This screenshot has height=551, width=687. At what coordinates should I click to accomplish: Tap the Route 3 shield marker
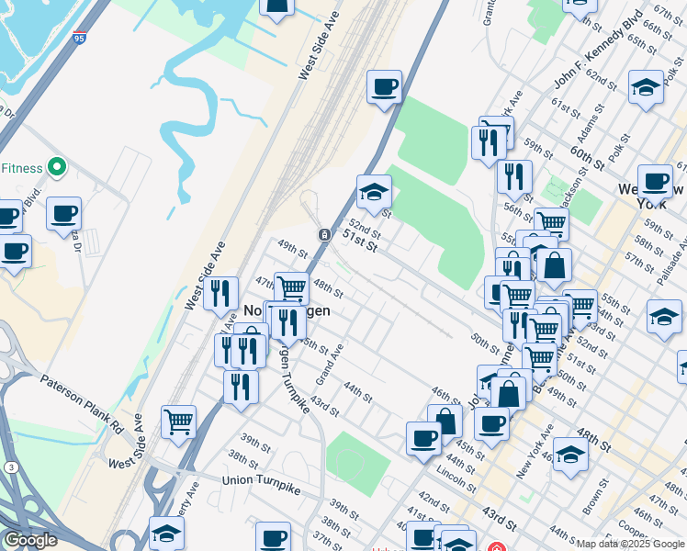(x=8, y=467)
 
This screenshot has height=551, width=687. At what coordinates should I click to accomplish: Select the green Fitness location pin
(x=56, y=167)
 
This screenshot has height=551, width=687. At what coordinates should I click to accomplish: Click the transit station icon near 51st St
(x=325, y=235)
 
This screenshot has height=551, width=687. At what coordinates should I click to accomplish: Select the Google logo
(x=29, y=540)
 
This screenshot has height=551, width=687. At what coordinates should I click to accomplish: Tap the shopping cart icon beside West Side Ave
(x=178, y=422)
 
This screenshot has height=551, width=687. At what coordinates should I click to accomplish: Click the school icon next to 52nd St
(x=374, y=193)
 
